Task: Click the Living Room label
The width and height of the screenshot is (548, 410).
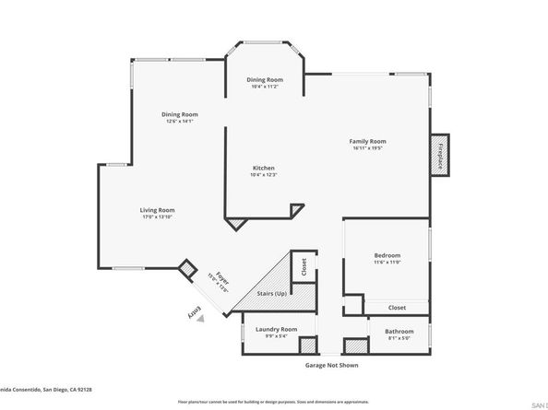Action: (x=158, y=210)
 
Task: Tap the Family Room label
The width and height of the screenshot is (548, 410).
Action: (x=366, y=141)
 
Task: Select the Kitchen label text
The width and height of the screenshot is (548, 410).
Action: (x=264, y=168)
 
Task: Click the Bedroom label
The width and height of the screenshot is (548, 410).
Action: (x=387, y=255)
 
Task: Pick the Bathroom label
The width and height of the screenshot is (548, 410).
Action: (x=399, y=331)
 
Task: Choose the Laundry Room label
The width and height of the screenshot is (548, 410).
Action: (x=277, y=329)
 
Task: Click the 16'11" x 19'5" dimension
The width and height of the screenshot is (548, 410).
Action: (x=366, y=147)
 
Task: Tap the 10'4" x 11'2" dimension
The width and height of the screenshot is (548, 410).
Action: (x=264, y=87)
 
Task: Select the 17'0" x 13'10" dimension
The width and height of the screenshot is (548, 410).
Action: (x=158, y=217)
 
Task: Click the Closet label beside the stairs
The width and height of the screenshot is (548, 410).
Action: (x=304, y=266)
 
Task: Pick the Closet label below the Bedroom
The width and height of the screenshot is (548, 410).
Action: (x=397, y=308)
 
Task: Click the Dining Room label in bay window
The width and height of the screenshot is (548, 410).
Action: (x=264, y=80)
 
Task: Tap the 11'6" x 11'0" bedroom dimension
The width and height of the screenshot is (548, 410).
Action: (x=387, y=263)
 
